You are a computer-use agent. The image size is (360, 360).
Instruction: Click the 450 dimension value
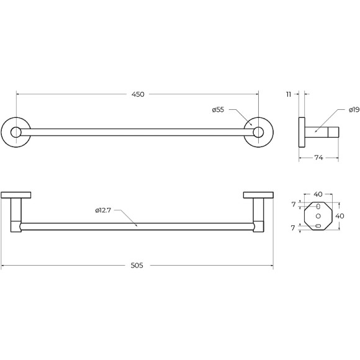pos(138,94)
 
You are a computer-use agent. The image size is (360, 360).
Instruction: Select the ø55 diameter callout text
pos(218,110)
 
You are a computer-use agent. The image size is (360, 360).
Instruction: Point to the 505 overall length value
pos(137,266)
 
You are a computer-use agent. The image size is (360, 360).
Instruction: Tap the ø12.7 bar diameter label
pos(103,210)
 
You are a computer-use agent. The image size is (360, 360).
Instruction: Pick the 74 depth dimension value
pos(318,158)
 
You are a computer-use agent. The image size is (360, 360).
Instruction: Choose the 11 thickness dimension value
pos(289,94)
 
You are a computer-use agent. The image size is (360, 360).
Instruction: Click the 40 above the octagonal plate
pos(318,194)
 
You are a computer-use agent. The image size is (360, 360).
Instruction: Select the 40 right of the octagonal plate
pos(340,216)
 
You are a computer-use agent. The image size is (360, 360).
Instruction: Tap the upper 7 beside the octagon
pos(294,204)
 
